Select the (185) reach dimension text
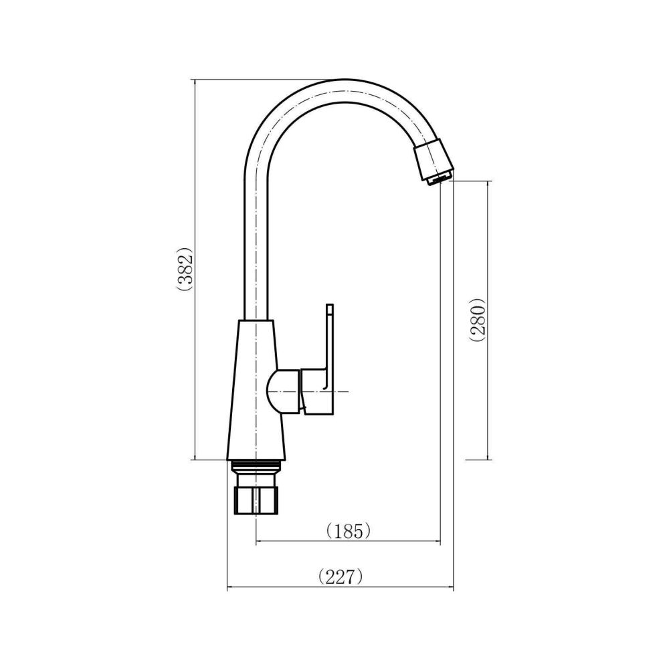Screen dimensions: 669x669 click(x=347, y=531)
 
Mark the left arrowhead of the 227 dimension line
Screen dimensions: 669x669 click(x=231, y=589)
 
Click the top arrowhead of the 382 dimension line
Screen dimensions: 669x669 click(x=194, y=82)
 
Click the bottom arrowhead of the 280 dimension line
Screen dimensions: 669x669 click(x=488, y=457)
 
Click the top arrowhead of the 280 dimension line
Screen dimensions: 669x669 click(x=488, y=183)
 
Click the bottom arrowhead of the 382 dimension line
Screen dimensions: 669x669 click(x=194, y=457)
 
